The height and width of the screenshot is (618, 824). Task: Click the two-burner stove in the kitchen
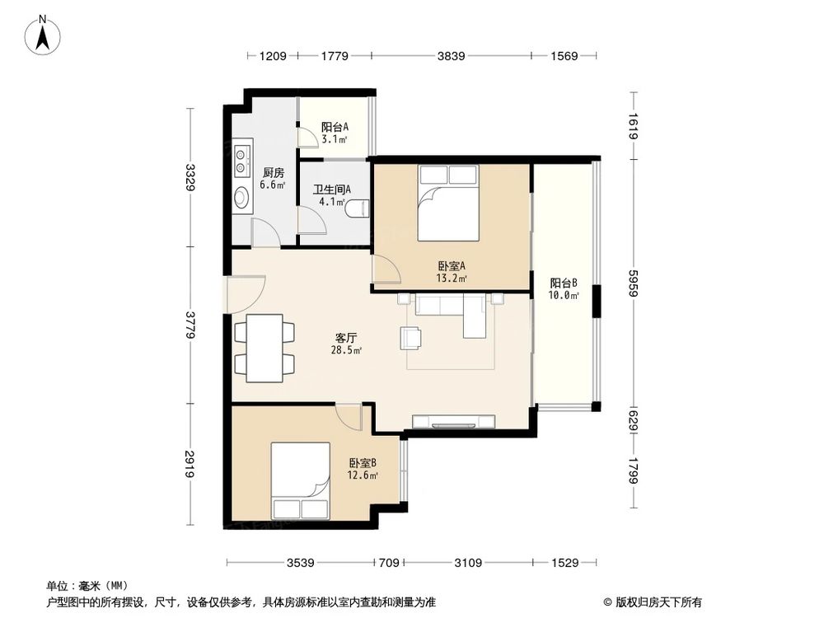point(241,161)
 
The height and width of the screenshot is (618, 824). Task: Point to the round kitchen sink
point(241,199)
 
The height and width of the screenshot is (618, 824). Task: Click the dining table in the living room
point(265,345)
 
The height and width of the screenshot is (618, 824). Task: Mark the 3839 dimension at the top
point(452,57)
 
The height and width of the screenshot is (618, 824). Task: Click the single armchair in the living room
point(411,337)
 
